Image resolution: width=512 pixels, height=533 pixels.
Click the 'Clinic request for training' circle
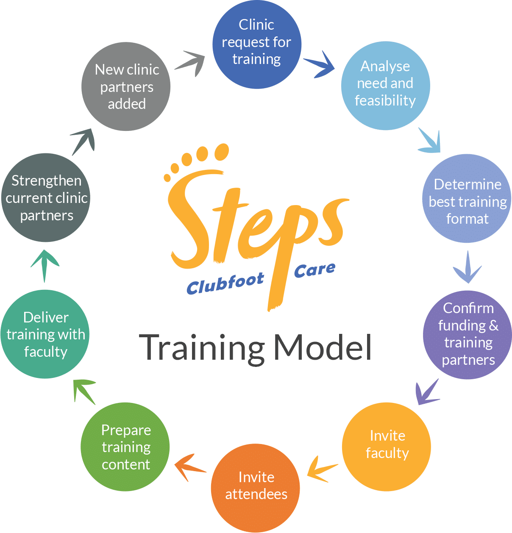point(256,44)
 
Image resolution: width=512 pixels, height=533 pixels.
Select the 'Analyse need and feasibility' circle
point(385,85)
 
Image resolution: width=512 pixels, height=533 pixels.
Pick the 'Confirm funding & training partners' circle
point(467,335)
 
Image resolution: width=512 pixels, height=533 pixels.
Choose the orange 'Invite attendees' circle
point(255,488)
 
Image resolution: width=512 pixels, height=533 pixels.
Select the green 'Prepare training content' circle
point(125,447)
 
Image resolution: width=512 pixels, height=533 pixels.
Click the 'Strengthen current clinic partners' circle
point(46,198)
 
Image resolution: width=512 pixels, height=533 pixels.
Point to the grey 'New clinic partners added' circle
point(126,86)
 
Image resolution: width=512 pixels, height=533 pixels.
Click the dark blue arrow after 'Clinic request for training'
point(320,64)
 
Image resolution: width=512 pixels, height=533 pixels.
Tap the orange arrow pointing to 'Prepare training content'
point(189,466)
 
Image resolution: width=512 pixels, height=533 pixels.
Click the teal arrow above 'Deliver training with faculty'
point(45,264)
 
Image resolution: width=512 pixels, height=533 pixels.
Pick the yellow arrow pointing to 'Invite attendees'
point(322,469)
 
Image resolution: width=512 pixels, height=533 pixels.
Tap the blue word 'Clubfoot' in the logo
point(225,284)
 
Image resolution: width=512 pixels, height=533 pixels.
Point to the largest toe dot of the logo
point(221,151)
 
